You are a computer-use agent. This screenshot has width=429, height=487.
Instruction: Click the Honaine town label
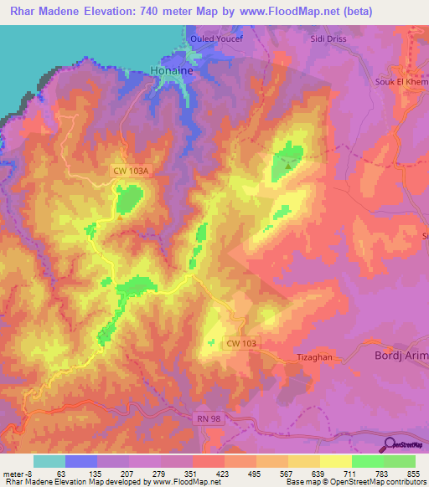click(173, 72)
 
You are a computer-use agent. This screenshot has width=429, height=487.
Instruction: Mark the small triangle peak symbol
click(288, 165)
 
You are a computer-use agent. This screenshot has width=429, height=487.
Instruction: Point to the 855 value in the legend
click(415, 474)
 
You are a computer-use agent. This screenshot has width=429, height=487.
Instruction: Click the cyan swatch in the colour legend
click(49, 461)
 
